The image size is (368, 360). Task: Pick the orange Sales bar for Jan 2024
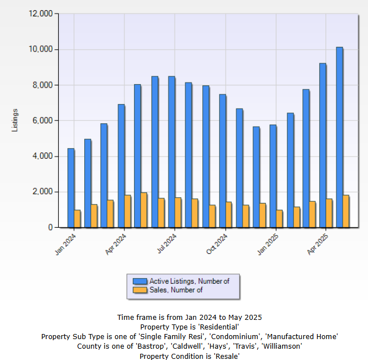pyautogui.click(x=77, y=219)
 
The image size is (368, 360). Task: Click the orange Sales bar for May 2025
pyautogui.click(x=346, y=211)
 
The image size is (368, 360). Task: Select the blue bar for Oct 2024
pyautogui.click(x=222, y=161)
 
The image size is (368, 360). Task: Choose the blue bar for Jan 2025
pyautogui.click(x=272, y=176)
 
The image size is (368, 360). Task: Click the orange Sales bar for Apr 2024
pyautogui.click(x=128, y=211)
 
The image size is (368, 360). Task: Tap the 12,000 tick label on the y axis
pyautogui.click(x=40, y=14)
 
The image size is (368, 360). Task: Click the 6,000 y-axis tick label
pyautogui.click(x=42, y=120)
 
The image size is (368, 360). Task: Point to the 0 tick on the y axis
pyautogui.click(x=50, y=227)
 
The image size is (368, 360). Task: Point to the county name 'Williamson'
pyautogui.click(x=281, y=346)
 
